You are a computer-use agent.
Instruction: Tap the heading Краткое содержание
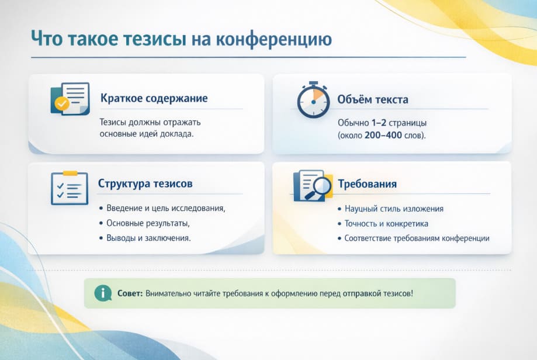[x=154, y=98]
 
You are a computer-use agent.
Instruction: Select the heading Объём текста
[x=373, y=99]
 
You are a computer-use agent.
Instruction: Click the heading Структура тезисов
[x=145, y=184]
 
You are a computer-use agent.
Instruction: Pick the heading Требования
[x=367, y=184]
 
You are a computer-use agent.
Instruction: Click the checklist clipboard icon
[x=69, y=188]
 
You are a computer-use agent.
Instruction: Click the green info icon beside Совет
[x=103, y=293]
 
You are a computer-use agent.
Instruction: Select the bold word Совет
[x=130, y=293]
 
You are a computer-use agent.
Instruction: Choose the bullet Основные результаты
[x=148, y=223]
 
